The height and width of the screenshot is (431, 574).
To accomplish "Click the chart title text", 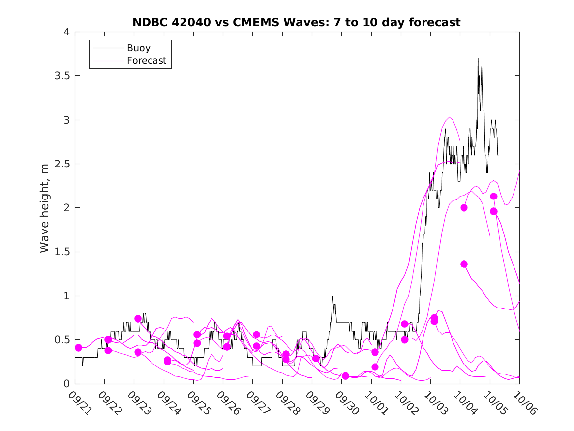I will point(297,22).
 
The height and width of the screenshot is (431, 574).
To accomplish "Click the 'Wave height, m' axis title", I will point(45,208).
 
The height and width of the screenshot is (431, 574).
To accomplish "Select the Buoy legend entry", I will point(139,48).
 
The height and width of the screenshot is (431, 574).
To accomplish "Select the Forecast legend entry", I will point(147,61).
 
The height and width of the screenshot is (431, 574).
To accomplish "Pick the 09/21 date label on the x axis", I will point(79,403).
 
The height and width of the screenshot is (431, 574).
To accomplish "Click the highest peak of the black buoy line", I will point(478,58).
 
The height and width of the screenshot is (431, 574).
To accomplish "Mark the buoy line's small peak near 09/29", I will point(333,296).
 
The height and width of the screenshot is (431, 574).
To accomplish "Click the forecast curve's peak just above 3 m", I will point(450,117).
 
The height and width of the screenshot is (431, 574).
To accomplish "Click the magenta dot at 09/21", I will point(78,348).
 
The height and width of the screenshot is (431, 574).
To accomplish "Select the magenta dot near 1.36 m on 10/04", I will point(464,264).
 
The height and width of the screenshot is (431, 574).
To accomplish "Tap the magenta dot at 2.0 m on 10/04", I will point(464,208).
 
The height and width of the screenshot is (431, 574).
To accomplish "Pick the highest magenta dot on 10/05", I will point(493,196).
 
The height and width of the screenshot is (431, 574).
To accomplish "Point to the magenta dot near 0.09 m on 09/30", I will point(345,376).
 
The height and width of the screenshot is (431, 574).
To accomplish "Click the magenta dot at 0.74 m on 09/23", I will point(138,319).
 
